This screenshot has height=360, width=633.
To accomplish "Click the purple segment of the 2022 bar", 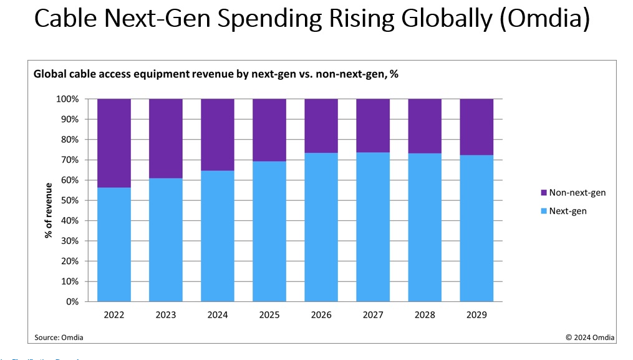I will point(114,142).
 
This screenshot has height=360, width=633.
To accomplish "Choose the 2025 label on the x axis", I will point(269,315).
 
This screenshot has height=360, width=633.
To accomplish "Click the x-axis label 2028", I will point(425,315).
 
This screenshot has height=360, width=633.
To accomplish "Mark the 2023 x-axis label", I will point(166,315).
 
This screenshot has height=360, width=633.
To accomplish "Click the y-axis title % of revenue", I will point(48,210).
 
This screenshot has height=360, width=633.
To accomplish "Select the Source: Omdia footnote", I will point(59,338).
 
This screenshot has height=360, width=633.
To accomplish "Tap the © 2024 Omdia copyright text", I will point(589,338).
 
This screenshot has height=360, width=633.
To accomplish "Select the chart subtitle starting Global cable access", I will point(215,74).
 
